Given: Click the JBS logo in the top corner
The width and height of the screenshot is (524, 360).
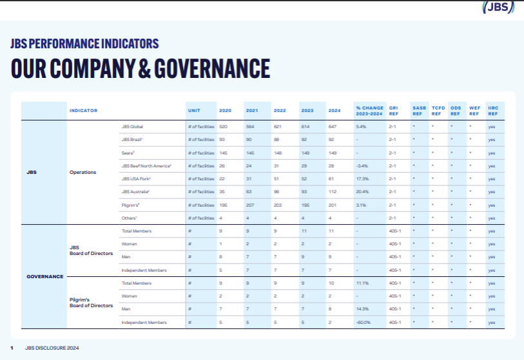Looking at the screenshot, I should coord(499,8).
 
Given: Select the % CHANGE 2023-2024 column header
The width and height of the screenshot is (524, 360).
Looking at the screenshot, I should coord(369,110).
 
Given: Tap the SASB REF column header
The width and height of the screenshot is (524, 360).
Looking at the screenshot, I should coord(419,110).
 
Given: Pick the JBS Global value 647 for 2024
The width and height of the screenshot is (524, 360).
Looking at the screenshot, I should coord(333,127).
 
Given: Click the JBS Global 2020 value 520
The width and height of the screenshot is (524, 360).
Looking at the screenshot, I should coord(224,127).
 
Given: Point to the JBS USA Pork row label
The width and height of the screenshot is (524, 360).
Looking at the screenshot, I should coord(136,178).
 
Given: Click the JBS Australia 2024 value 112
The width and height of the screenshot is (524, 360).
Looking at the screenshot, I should coord(333,191).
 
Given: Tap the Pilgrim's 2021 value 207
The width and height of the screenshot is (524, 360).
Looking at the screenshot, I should coord(251,205).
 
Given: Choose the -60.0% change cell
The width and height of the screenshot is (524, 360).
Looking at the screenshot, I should coord(364,322).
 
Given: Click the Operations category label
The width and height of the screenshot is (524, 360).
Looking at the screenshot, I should coord(82,172).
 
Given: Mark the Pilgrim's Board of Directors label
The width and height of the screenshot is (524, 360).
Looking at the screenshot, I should coord(92,303).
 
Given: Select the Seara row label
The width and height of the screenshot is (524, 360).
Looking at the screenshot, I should coord(128,153).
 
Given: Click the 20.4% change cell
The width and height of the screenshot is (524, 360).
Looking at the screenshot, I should coord(362,191).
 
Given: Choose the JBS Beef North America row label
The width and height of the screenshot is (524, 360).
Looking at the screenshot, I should coord(145,166).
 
